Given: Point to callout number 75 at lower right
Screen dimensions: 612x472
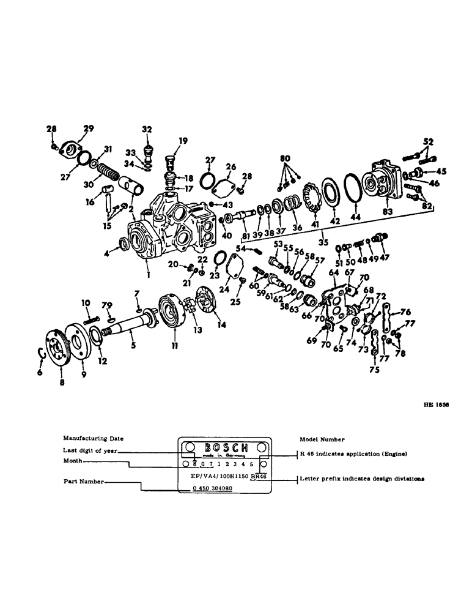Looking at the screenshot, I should point(374,369).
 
